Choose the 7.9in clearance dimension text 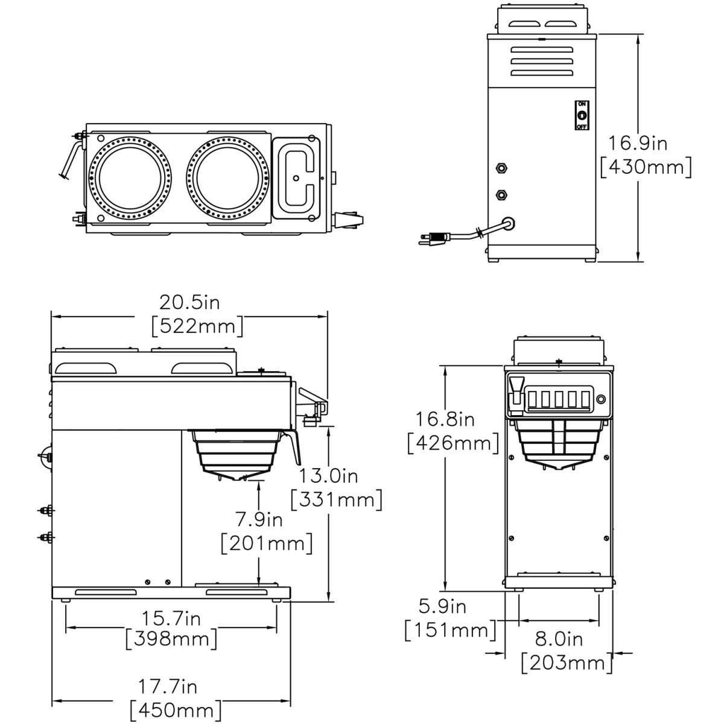pos(258,519)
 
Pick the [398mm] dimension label pos(171,638)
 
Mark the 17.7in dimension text pos(168,686)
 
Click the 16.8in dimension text pos(445,418)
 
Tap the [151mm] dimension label pos(449,630)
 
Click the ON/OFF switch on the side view pos(582,115)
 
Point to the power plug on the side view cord pos(433,239)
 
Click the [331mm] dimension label pos(337,500)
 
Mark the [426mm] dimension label pos(453,443)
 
